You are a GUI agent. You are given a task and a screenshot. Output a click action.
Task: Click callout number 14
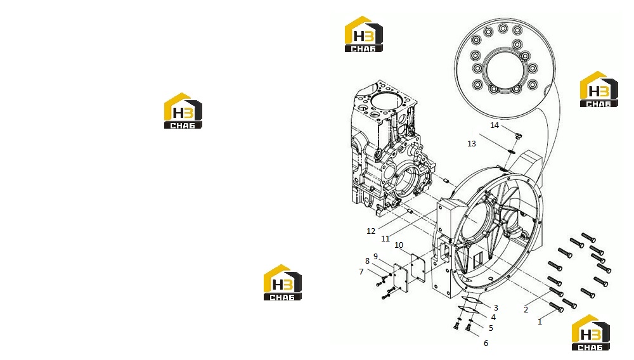coord(495,125)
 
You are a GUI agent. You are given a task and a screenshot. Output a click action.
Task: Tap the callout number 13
coord(472,143)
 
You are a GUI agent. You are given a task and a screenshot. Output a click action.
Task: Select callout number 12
coord(371,231)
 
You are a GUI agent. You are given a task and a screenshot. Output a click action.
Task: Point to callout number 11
coord(385,239)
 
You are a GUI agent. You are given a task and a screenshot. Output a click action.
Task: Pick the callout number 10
coord(399,245)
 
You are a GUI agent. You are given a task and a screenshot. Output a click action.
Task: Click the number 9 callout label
coord(375,256)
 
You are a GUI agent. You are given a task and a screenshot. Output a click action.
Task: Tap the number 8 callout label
coord(367,261)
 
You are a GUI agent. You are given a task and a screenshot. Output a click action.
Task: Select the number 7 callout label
coord(361,272)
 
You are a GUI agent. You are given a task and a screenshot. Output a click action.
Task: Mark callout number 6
coord(486,343)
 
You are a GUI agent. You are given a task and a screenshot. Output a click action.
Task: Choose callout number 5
coord(491,328)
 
